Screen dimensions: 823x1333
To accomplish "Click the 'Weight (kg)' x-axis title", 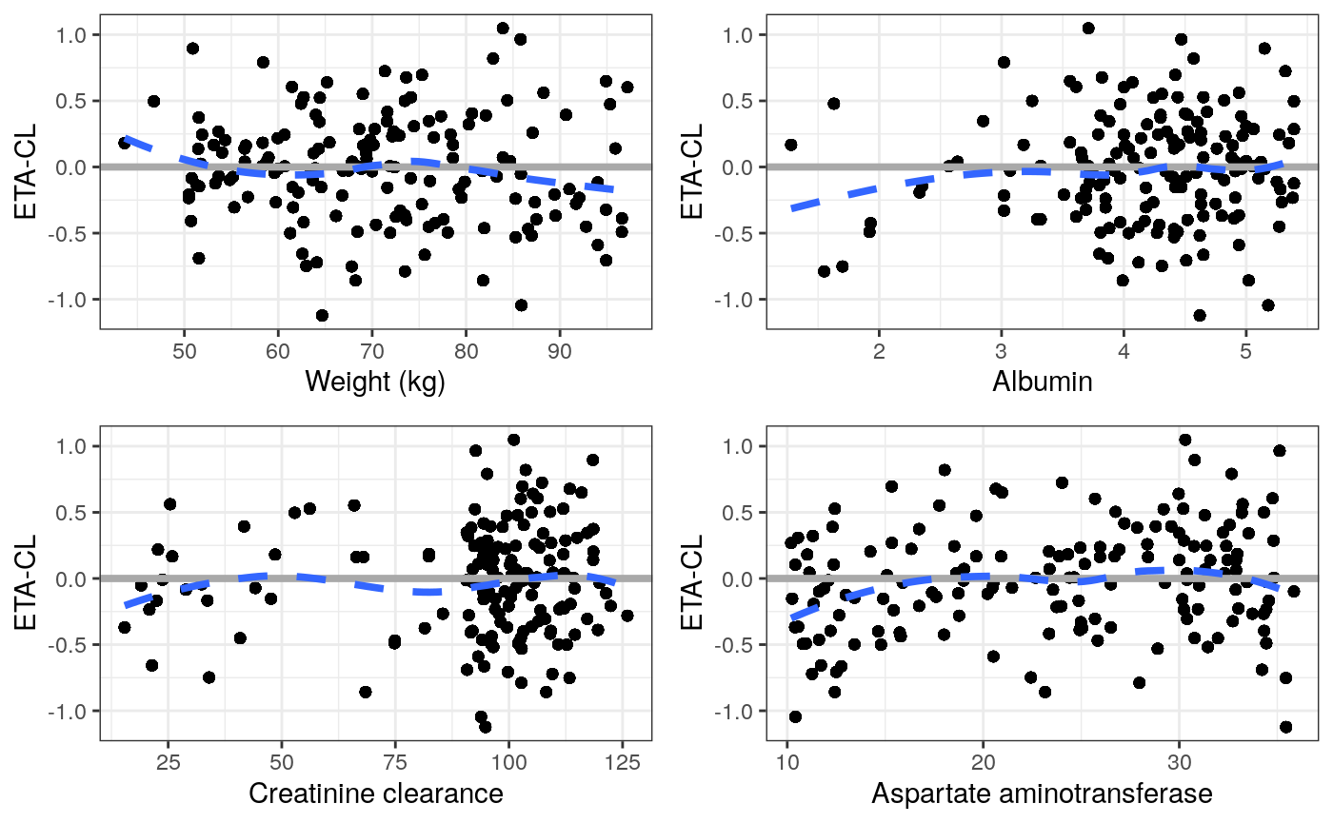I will [375, 382].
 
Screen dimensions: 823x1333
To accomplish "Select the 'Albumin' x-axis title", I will [1042, 382].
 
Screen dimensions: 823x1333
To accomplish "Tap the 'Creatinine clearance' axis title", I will [375, 794].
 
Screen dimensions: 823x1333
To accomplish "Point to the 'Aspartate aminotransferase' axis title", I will [1042, 794].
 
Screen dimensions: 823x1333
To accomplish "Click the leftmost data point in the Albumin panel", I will [790, 145].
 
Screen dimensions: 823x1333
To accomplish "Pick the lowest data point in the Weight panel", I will [322, 315].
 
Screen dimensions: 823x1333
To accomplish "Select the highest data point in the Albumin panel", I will [1088, 28].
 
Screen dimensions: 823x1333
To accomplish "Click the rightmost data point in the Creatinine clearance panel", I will [627, 616].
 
